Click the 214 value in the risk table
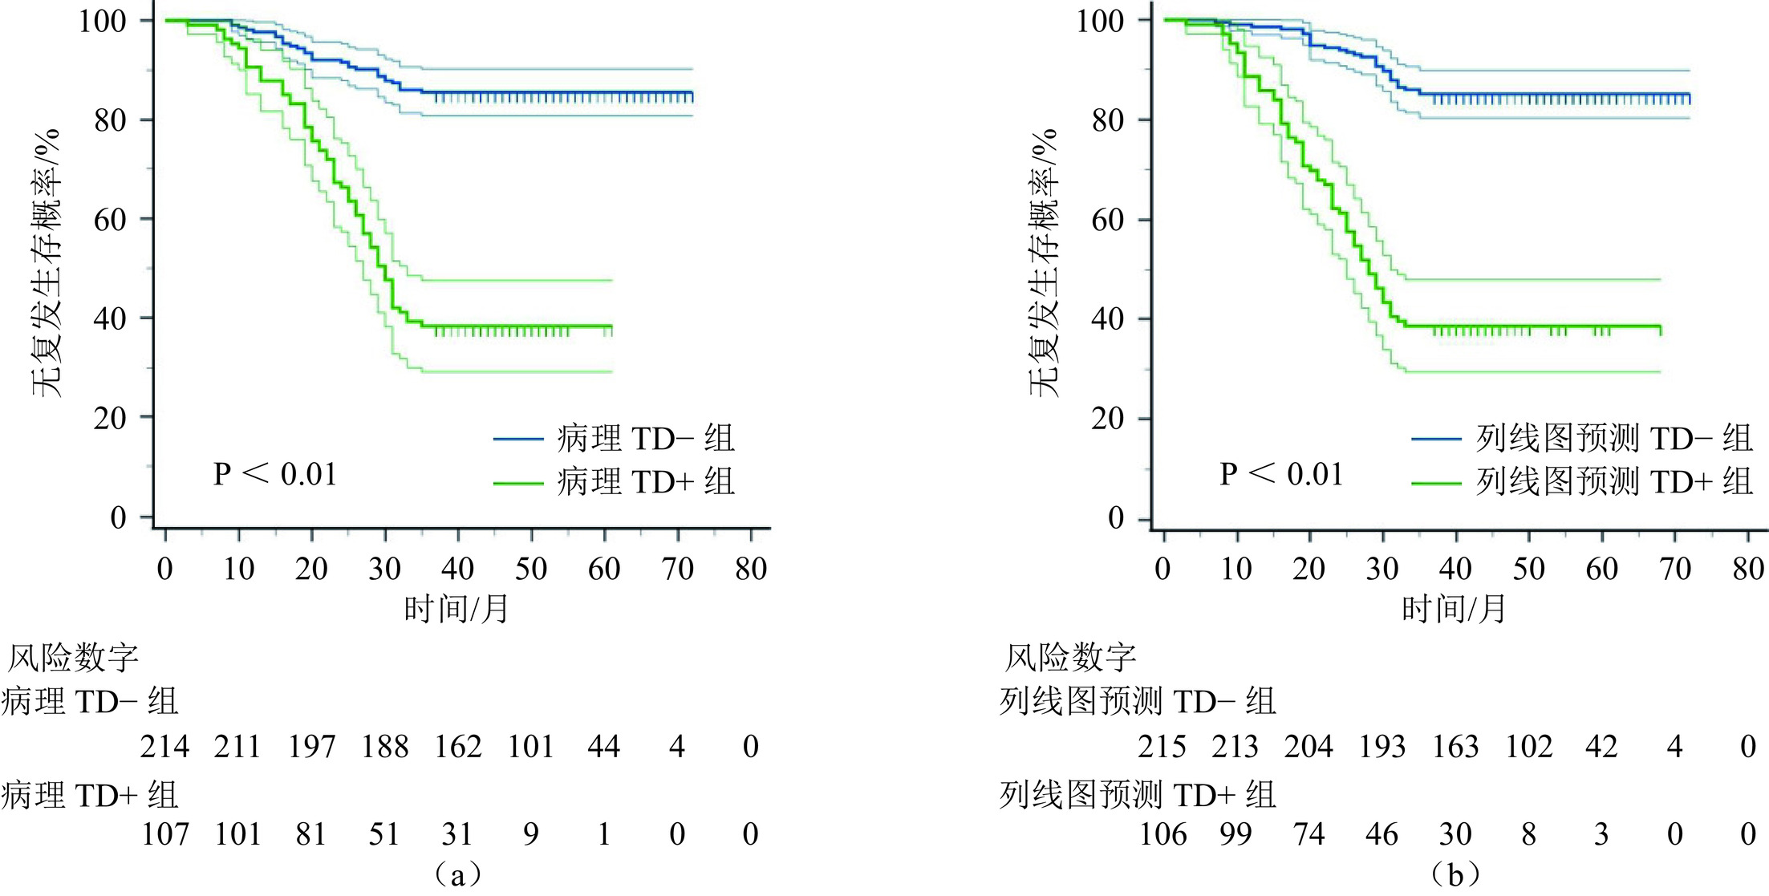click(x=164, y=747)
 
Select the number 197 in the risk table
click(x=311, y=747)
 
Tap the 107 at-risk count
click(x=164, y=834)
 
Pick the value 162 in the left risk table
click(x=458, y=747)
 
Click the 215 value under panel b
click(x=1162, y=747)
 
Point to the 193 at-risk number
click(x=1382, y=747)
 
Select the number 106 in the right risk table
click(x=1162, y=834)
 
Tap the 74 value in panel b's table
click(x=1308, y=834)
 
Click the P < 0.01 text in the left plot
click(x=274, y=474)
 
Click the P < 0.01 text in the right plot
click(x=1281, y=474)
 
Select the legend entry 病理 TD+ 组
click(x=646, y=482)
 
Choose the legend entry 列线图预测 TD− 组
click(x=1613, y=439)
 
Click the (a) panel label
click(x=457, y=874)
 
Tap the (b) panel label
click(x=1455, y=874)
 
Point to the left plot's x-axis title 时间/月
click(x=456, y=610)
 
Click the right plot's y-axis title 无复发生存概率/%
click(x=1044, y=262)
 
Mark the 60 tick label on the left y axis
click(x=110, y=219)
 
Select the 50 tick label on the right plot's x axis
click(x=1528, y=569)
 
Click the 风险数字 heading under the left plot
click(x=73, y=658)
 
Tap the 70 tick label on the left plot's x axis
click(x=677, y=569)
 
